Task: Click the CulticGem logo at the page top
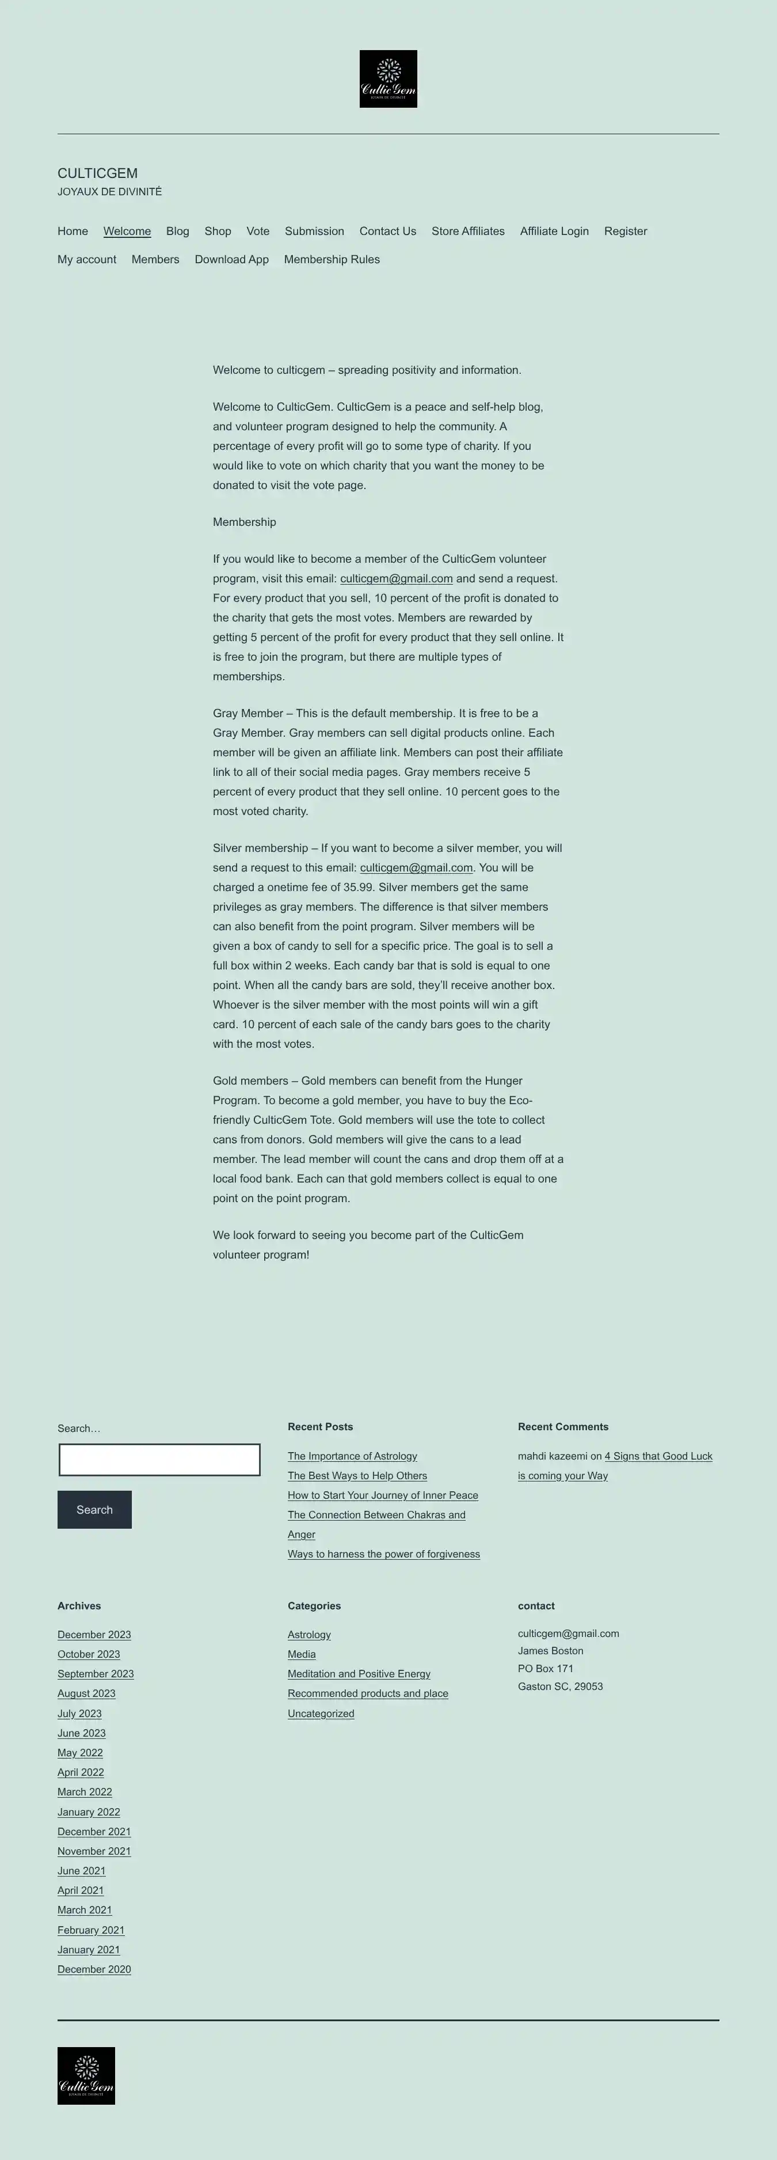388,79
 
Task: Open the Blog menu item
178,232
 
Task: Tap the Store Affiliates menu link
468,232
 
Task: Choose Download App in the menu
231,260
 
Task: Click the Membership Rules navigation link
332,260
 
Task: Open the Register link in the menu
625,232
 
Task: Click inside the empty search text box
159,1460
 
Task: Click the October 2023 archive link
89,1654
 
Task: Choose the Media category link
302,1654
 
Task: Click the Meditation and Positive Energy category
359,1674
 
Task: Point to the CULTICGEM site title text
97,173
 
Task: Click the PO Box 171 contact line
546,1669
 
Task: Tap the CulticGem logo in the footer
86,2075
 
